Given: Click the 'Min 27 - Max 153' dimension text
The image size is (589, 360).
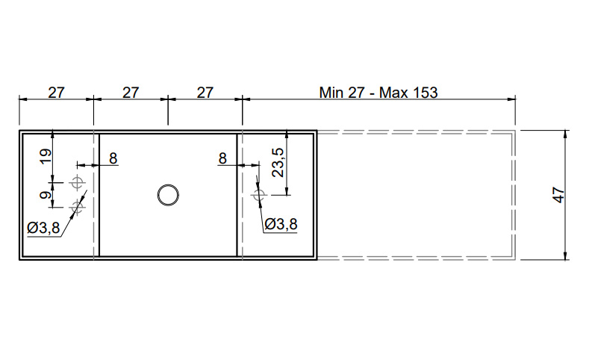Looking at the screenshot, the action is [378, 93].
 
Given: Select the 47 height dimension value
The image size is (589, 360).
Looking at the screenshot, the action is [559, 195].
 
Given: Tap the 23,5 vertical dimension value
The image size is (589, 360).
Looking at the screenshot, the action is [278, 162].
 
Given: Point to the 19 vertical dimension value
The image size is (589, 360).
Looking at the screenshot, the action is [46, 156].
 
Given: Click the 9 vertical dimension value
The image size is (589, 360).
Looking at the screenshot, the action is [46, 195].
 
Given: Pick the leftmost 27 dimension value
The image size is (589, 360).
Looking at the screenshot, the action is [56, 93].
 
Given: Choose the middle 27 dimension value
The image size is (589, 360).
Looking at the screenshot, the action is [131, 93].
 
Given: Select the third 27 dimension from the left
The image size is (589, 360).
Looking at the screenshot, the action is [205, 93].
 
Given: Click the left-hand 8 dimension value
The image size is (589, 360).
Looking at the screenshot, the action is [113, 158].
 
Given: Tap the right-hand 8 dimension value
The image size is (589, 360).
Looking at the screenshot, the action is [222, 158].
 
